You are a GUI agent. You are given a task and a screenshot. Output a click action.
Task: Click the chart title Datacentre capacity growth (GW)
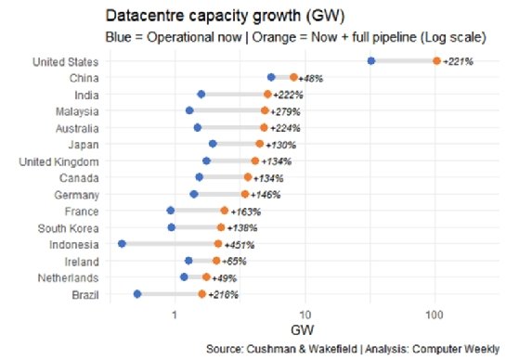(214, 17)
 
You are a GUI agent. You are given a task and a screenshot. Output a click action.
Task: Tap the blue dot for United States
(371, 61)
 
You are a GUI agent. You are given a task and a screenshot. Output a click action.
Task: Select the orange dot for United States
(436, 61)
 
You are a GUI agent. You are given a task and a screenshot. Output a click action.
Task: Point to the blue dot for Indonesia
(123, 245)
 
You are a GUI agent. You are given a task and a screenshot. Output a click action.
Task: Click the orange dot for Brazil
(201, 294)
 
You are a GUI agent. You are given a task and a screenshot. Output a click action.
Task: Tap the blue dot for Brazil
(137, 294)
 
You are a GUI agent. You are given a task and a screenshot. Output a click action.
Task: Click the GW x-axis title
(304, 330)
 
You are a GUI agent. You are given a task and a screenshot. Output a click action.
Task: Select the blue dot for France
(170, 211)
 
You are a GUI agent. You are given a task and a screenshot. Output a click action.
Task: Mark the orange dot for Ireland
(216, 262)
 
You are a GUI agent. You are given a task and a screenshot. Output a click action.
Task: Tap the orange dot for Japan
(259, 144)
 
